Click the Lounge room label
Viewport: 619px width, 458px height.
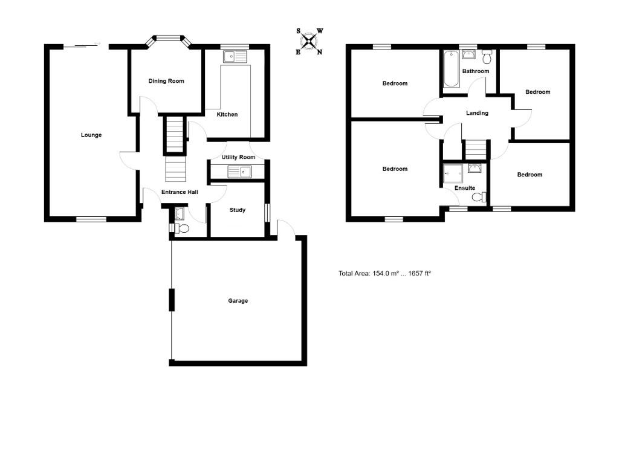[x=91, y=135]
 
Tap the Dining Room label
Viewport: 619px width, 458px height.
[x=166, y=81]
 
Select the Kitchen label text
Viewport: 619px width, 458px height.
[x=227, y=114]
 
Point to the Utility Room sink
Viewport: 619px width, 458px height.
[x=239, y=172]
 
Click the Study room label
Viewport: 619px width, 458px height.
[x=238, y=210]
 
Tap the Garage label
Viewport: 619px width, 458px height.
[x=238, y=301]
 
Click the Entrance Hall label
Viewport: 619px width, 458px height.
[x=180, y=193]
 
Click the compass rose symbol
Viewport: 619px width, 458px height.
[x=309, y=41]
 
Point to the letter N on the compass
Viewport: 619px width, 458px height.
[x=320, y=52]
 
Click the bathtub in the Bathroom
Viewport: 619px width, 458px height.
[x=450, y=69]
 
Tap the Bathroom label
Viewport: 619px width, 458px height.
[x=475, y=71]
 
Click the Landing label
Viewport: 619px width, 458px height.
[x=477, y=113]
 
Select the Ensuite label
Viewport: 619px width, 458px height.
[x=465, y=188]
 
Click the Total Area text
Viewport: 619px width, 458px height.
[x=384, y=274]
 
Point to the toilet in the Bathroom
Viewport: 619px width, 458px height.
[x=487, y=57]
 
